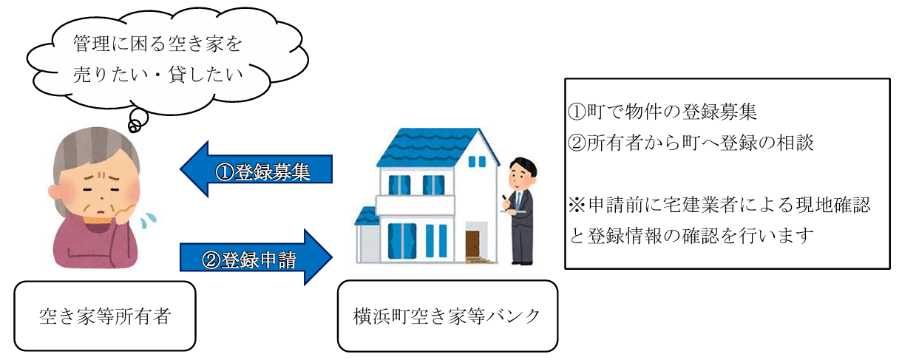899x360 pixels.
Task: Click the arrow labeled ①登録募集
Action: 256,169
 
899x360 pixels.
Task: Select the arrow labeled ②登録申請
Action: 256,257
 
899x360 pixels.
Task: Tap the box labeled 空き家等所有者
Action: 105,316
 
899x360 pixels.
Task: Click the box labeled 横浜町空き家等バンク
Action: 447,316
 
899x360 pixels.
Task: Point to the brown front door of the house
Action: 472,244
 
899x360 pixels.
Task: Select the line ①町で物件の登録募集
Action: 662,112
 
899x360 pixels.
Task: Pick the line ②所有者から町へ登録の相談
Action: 691,143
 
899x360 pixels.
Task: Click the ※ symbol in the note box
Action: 577,205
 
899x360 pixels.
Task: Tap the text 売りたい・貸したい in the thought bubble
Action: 157,75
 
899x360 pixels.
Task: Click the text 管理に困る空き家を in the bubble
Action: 157,44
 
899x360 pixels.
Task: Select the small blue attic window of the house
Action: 477,162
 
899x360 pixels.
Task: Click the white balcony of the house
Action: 415,205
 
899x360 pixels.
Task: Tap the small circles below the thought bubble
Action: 138,120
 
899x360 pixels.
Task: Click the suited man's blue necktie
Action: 518,200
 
